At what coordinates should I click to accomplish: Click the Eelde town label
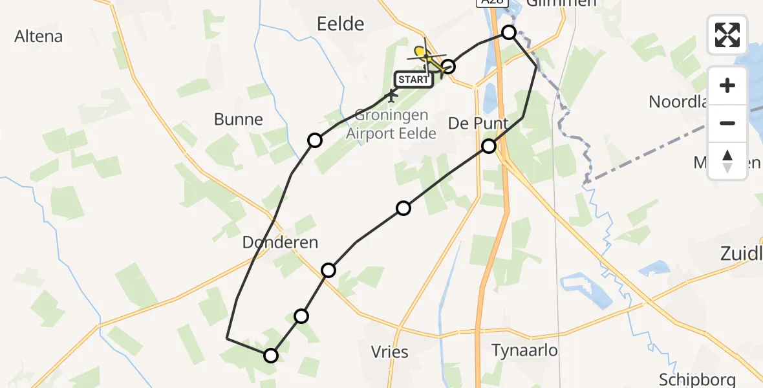pos(341,25)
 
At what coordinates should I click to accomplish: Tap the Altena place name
pos(39,36)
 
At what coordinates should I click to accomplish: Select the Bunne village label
pos(239,120)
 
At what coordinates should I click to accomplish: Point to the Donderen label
pos(280,242)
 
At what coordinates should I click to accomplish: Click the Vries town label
pos(390,352)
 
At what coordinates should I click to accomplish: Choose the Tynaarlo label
pos(524,350)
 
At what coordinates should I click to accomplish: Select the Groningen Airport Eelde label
pos(391,125)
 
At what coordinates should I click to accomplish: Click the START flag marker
pos(413,80)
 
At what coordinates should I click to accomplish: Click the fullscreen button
pos(727,34)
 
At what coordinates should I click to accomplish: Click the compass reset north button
pos(727,161)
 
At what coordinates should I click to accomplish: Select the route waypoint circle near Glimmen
pos(509,32)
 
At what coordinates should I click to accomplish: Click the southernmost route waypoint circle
pos(271,355)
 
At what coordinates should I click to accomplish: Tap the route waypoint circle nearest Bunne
pos(315,140)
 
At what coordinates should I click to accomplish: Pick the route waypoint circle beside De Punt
pos(489,146)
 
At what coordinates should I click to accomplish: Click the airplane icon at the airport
pos(391,96)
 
